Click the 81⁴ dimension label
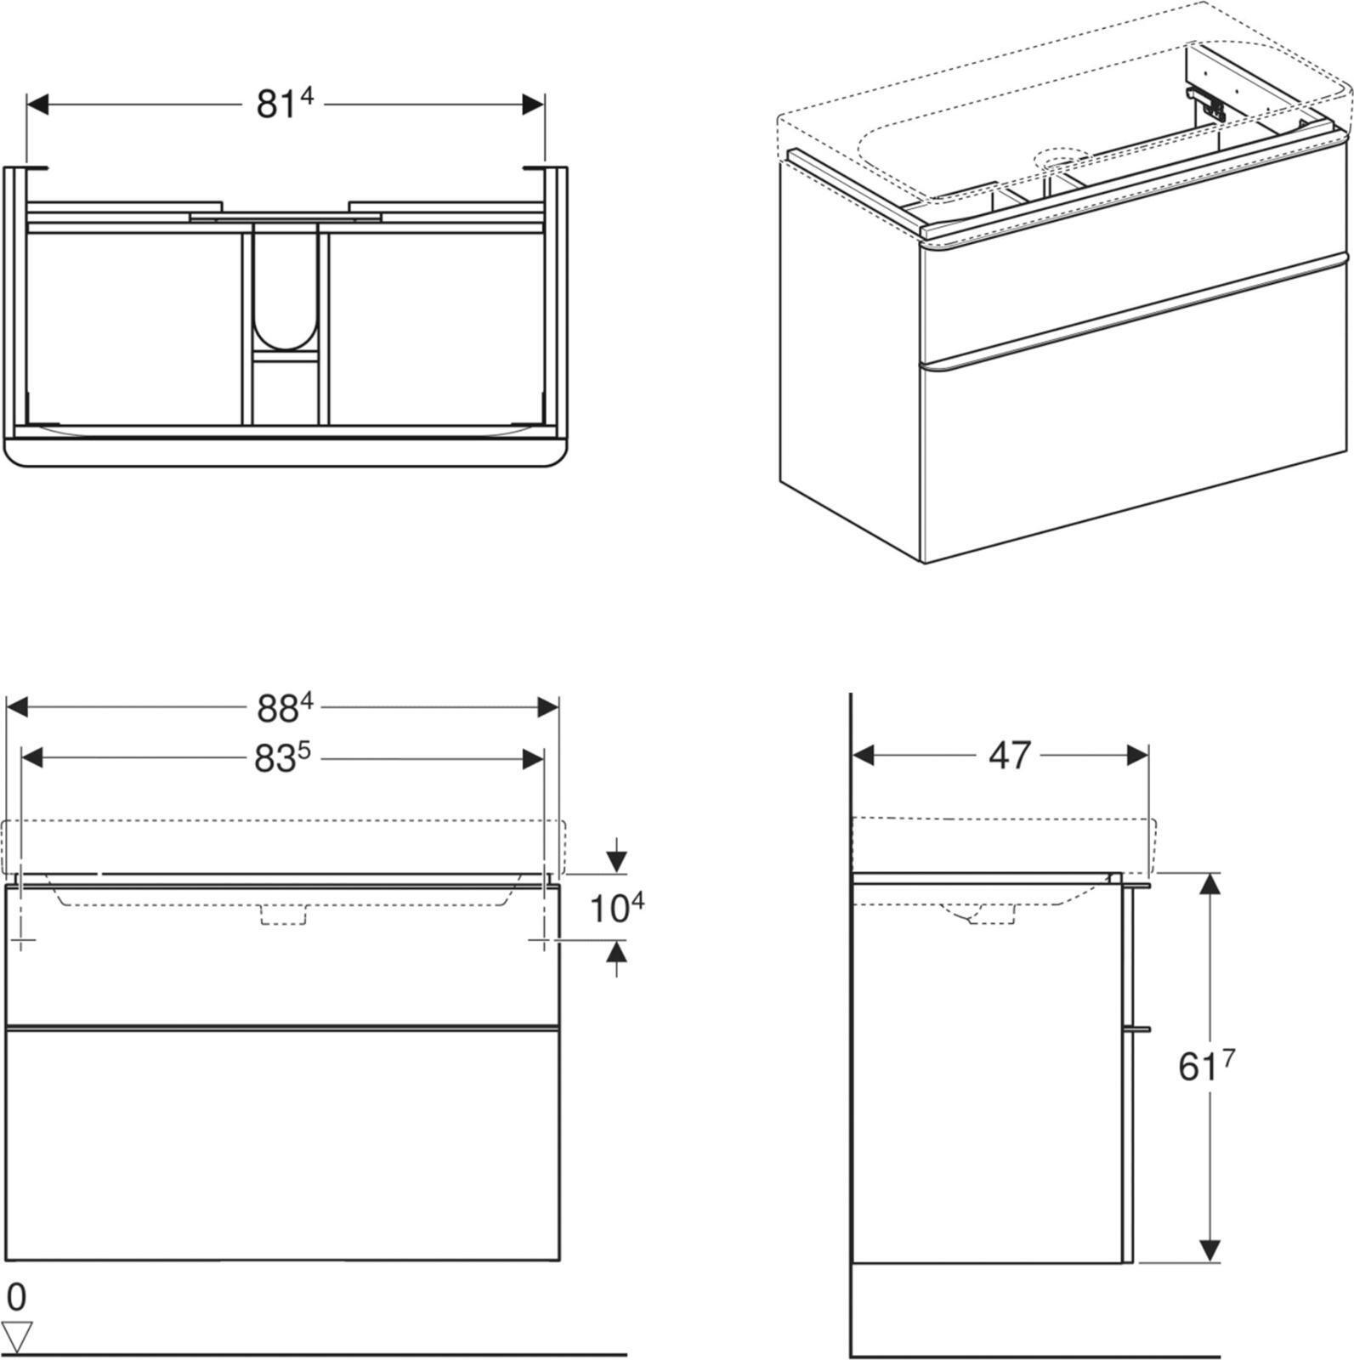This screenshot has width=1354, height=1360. coord(284,104)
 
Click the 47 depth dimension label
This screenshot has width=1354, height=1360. coord(1009,755)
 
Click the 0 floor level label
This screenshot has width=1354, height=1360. coord(16,1297)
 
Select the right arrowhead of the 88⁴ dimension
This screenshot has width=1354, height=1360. coord(548,707)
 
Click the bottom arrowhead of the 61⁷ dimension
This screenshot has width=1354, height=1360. coord(1210,1249)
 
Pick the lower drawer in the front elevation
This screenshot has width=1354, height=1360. coord(283,1143)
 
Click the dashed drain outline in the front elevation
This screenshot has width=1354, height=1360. coord(283,915)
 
